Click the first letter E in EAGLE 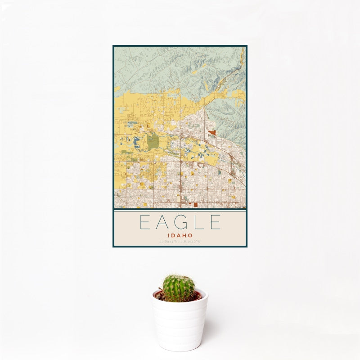pyautogui.click(x=145, y=222)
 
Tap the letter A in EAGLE pyautogui.click(x=163, y=222)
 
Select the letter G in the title pyautogui.click(x=181, y=222)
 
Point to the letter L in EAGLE pyautogui.click(x=199, y=222)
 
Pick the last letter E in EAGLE pyautogui.click(x=216, y=222)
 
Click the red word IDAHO pyautogui.click(x=180, y=235)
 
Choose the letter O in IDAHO pyautogui.click(x=191, y=235)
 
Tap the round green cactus pyautogui.click(x=179, y=288)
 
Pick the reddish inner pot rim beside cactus pyautogui.click(x=197, y=296)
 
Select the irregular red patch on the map pyautogui.click(x=212, y=132)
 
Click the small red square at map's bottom pyautogui.click(x=196, y=204)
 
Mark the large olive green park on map pyautogui.click(x=153, y=142)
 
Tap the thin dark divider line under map pyautogui.click(x=180, y=210)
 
